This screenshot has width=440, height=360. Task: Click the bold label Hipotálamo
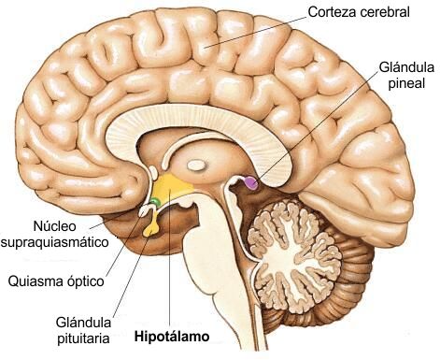pos(172,337)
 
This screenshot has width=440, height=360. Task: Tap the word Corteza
pos(332,12)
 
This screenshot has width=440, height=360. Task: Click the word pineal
pos(406,83)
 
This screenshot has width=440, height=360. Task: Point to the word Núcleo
pos(54,226)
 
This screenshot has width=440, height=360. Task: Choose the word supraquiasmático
pos(55,242)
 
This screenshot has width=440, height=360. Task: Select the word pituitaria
pos(83,338)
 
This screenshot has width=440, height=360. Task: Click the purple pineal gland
pos(251,182)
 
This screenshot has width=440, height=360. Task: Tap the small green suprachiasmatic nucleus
pos(155,201)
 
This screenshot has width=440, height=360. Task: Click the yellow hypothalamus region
pos(170,186)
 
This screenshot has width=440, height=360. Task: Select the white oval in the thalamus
pos(196,165)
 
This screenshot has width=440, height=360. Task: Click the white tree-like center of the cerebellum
pos(292,254)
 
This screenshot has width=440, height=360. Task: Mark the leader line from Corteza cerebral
pos(255,32)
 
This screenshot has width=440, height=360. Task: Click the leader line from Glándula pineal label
pos(317,127)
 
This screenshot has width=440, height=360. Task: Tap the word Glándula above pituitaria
pos(83,323)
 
